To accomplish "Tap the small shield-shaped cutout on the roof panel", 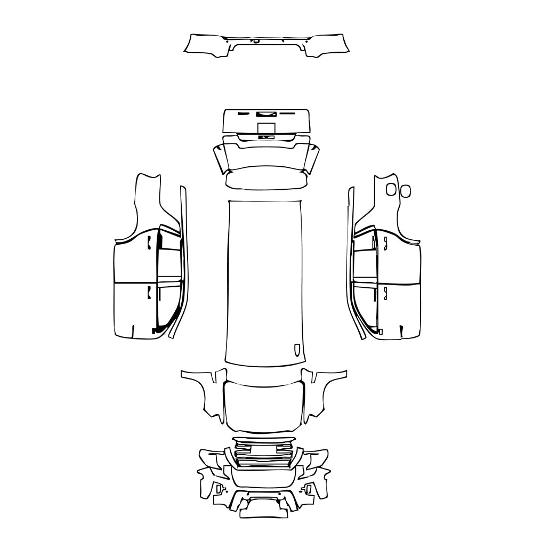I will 297,349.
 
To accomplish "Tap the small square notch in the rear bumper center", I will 256,41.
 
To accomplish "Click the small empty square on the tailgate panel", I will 266,128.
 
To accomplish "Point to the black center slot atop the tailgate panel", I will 265,114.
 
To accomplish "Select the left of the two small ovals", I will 391,189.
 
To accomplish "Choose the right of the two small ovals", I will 405,190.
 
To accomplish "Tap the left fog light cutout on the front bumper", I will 219,488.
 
